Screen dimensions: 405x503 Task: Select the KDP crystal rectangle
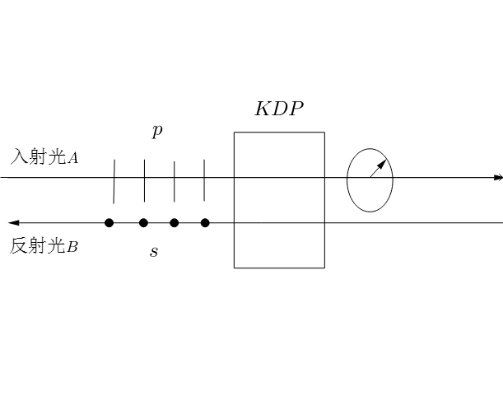(x=279, y=200)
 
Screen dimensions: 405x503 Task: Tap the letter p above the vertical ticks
(x=156, y=131)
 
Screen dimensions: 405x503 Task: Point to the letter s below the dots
(x=154, y=252)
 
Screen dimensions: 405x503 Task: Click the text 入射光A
(x=44, y=157)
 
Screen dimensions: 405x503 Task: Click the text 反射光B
(x=44, y=245)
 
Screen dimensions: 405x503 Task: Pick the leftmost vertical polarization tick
(x=114, y=181)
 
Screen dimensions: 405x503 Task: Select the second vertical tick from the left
(x=144, y=181)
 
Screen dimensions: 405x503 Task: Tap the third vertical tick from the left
(x=174, y=181)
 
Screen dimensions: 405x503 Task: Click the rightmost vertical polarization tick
(x=203, y=181)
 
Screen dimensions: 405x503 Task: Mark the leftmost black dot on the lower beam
(x=109, y=223)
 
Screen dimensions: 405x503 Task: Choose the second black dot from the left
(x=143, y=223)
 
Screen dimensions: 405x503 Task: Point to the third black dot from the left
(x=174, y=223)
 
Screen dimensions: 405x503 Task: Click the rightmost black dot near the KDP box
(x=205, y=223)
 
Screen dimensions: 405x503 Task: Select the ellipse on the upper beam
(x=370, y=179)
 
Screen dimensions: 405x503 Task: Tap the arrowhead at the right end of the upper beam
(x=497, y=178)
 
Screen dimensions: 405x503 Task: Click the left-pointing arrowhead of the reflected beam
(x=12, y=223)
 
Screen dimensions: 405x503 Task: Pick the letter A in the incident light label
(x=73, y=158)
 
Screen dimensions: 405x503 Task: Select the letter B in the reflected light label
(x=72, y=246)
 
